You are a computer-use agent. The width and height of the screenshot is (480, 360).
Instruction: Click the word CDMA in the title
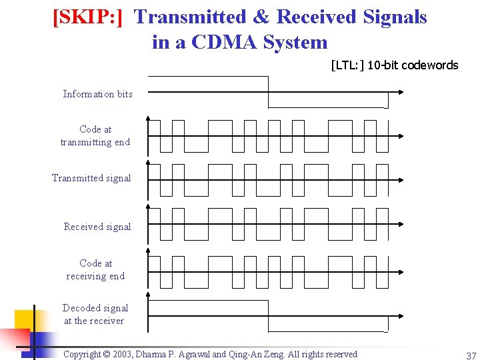coord(224,42)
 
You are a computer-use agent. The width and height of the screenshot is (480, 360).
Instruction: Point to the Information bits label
coord(97,94)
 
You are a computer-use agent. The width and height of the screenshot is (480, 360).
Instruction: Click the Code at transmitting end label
coord(95,135)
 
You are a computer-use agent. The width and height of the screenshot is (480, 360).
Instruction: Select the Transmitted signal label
coord(91,178)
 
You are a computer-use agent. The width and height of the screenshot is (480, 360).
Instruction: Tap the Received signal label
coord(97,227)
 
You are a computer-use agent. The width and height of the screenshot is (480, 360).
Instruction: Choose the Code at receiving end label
coord(95,269)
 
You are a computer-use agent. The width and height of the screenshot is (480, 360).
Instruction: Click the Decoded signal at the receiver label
coord(95,314)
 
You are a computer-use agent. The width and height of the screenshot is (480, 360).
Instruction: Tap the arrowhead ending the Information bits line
coord(399,93)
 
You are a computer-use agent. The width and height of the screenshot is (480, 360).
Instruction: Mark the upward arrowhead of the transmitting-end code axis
coord(148,120)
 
